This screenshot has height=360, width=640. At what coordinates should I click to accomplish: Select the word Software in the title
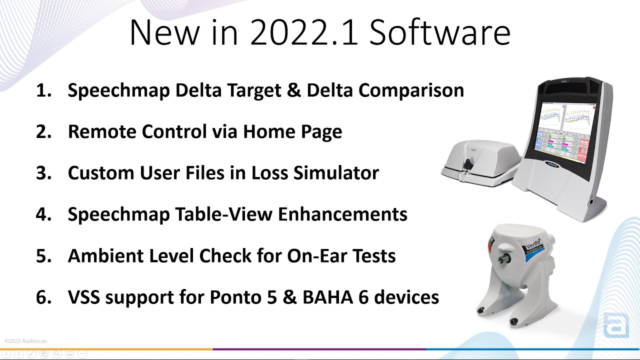click(x=440, y=33)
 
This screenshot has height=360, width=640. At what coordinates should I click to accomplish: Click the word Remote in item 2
click(x=102, y=132)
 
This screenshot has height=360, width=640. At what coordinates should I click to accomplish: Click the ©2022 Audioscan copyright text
click(x=26, y=341)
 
